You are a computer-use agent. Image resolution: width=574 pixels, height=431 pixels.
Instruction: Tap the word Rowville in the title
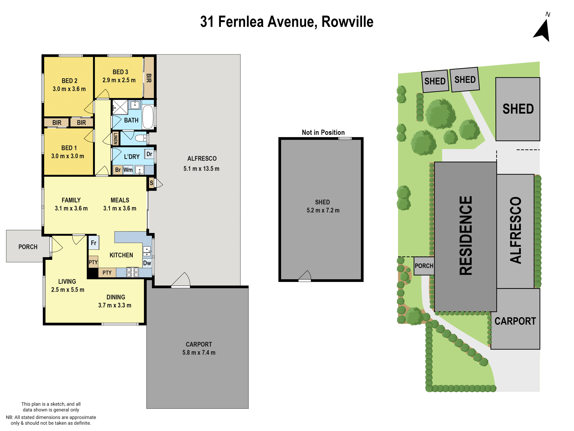347,22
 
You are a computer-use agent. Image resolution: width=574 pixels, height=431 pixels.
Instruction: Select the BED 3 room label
120,72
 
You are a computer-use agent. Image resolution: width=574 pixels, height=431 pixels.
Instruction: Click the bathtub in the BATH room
148,117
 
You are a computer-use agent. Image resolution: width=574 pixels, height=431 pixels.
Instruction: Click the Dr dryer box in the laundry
149,154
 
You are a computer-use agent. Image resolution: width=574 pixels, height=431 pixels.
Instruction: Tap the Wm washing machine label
128,170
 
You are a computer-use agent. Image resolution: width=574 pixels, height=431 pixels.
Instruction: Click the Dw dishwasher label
147,263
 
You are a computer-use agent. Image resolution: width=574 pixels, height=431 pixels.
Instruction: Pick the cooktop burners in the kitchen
132,272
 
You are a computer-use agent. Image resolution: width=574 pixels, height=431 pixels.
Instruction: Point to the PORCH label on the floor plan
28,247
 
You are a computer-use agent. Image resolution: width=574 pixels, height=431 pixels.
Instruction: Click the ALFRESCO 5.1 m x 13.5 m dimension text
201,169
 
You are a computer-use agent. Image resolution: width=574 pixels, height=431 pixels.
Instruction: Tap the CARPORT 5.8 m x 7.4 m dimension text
199,353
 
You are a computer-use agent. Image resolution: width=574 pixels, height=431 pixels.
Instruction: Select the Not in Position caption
323,133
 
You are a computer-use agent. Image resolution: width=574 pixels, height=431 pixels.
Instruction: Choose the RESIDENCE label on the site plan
465,236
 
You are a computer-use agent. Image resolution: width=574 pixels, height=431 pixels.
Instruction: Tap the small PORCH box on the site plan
424,266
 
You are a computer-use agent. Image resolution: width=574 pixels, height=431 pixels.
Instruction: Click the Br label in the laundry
118,170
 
